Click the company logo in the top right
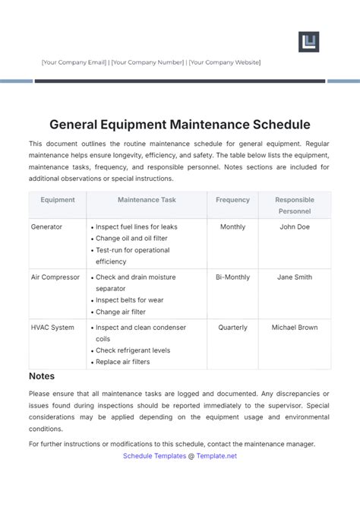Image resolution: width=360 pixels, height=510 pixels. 308,42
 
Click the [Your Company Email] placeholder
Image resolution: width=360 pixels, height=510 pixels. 74,62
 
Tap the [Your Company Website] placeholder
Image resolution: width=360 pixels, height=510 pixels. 224,62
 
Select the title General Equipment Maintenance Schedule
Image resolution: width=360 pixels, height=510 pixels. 180,123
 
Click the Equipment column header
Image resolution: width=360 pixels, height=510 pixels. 58,200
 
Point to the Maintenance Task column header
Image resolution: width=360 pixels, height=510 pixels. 147,200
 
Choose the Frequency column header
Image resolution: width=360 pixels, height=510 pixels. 232,200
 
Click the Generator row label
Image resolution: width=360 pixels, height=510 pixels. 47,226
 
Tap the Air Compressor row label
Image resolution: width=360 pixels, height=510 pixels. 55,277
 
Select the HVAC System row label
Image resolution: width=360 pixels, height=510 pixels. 52,328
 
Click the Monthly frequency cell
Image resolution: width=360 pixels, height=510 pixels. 232,226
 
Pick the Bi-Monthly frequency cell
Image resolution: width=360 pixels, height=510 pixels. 232,277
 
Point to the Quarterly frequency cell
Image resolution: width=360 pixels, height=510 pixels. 232,328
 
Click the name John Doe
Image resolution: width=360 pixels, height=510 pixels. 295,226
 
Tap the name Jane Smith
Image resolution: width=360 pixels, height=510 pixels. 295,277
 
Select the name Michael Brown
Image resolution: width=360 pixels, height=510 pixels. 295,328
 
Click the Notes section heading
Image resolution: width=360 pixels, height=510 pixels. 42,376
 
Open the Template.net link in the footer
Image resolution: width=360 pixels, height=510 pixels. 217,456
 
